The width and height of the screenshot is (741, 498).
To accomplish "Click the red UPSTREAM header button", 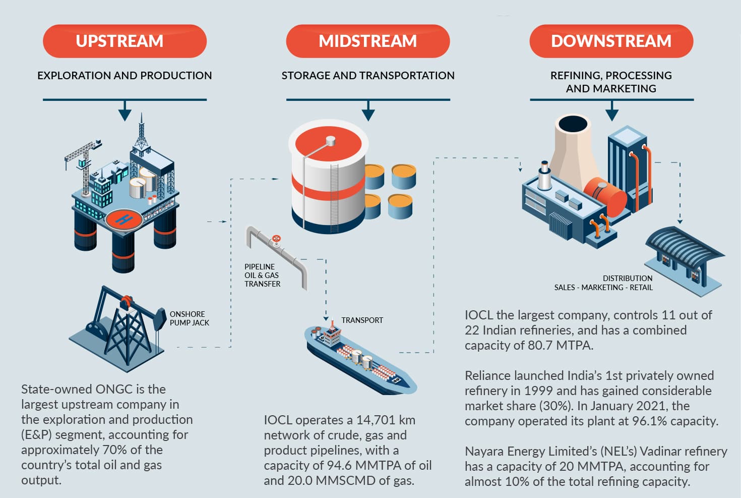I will tap(125, 41).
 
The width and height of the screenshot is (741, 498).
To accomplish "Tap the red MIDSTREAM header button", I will tap(367, 41).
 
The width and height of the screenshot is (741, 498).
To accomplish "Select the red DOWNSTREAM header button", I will tap(611, 41).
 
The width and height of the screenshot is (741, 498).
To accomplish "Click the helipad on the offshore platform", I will tap(124, 219).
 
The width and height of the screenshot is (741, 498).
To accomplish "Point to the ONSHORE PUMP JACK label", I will tap(189, 318).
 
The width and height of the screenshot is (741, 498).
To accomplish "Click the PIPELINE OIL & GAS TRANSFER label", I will tap(262, 275).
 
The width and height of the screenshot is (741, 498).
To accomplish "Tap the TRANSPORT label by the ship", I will tap(362, 320).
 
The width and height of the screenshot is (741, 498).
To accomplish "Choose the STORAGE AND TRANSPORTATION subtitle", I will tap(368, 76).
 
